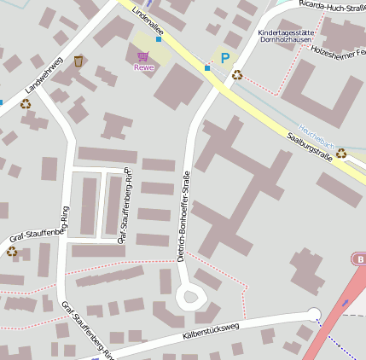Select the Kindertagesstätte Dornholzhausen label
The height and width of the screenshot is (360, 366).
[285, 36]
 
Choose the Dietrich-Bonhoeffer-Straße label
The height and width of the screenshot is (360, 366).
[184, 216]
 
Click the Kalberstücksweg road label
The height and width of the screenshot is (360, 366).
[212, 331]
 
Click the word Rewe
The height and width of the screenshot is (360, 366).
[143, 67]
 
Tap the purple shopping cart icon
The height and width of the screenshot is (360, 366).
[142, 56]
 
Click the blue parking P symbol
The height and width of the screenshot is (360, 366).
[225, 58]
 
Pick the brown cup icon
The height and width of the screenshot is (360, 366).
[78, 61]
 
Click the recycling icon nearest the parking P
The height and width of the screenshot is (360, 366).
[237, 74]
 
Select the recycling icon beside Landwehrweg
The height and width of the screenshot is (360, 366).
[26, 103]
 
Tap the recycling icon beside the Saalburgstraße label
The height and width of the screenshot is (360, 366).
[340, 154]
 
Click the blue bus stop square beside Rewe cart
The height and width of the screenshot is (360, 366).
[159, 39]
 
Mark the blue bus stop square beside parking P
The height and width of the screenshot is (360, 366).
[207, 67]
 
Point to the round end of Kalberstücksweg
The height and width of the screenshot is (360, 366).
[313, 314]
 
